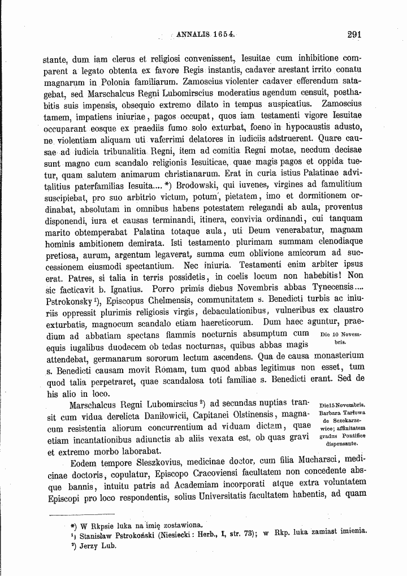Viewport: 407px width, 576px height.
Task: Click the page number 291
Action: (354, 34)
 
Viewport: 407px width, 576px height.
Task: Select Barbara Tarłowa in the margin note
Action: (343, 413)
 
